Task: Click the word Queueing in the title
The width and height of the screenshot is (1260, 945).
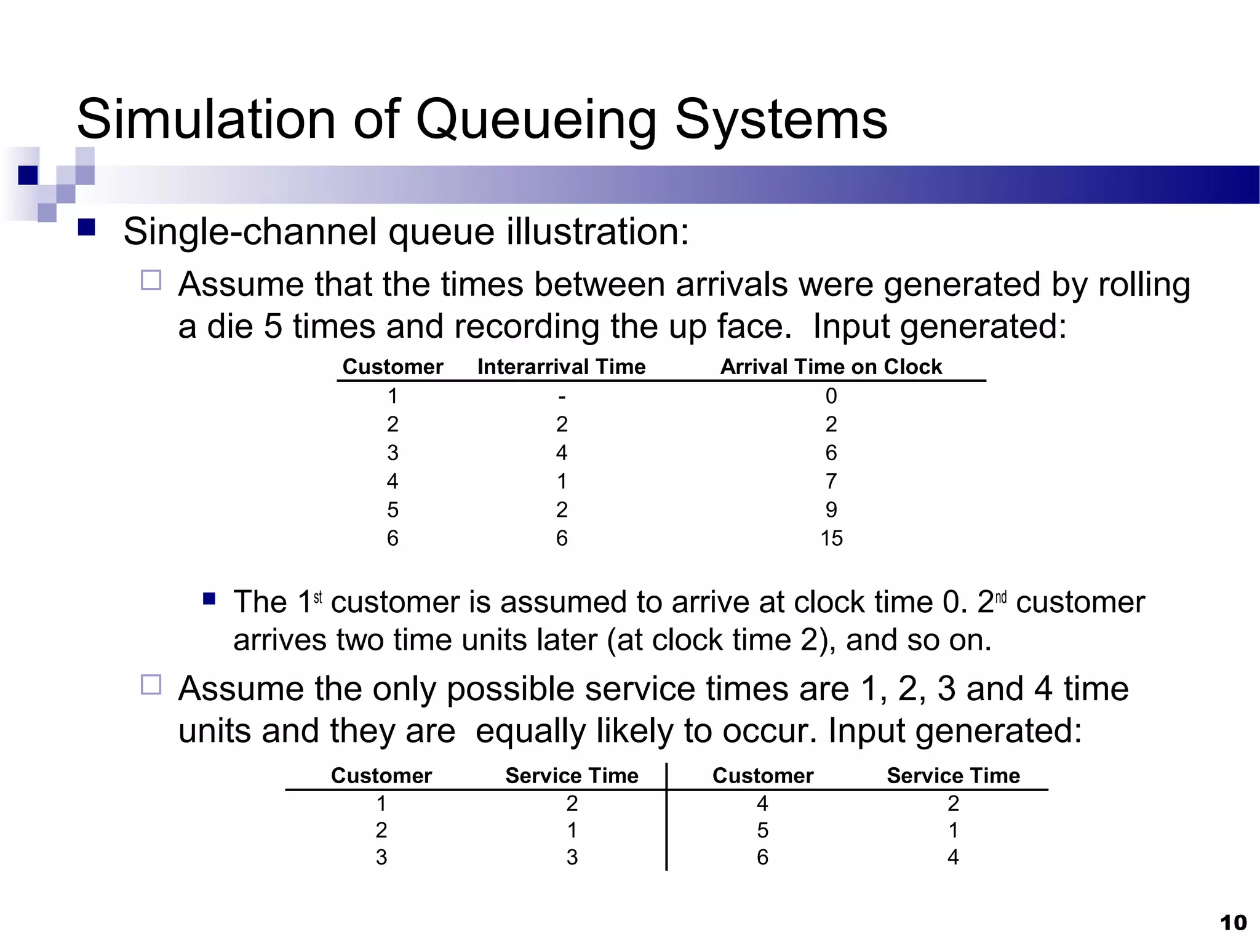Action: (x=536, y=121)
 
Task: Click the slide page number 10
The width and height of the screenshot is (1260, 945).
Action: (x=1233, y=923)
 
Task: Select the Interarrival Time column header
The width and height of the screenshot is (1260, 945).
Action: (x=561, y=367)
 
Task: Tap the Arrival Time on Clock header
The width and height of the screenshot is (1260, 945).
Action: (x=831, y=367)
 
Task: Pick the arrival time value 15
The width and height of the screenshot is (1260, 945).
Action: (x=831, y=538)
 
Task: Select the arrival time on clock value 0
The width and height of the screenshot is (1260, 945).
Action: (x=831, y=396)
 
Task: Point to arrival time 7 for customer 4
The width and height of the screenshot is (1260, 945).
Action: (x=831, y=481)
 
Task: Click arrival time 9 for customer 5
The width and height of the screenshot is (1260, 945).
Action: (x=831, y=509)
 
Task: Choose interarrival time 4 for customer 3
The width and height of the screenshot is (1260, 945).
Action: (x=562, y=453)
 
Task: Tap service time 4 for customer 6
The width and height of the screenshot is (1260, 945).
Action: (x=953, y=857)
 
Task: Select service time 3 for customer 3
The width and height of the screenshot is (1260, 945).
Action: (x=572, y=857)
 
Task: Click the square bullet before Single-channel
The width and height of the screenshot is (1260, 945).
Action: (x=87, y=228)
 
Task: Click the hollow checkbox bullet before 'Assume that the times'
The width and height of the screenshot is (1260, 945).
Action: (x=151, y=281)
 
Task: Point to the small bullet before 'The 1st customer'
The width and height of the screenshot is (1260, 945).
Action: (x=209, y=598)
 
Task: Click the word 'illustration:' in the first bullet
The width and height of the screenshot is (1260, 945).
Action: (x=597, y=233)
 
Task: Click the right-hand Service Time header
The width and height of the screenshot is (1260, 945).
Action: (x=953, y=776)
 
